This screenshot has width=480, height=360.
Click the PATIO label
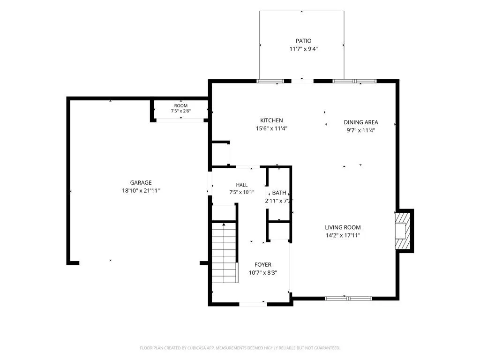pos(303,41)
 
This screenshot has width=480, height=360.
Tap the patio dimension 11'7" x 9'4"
pos(303,49)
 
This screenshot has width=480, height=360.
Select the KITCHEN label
pos(271,120)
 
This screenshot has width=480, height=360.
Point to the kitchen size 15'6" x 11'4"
pos(271,128)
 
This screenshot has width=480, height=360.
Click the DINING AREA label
pos(361,122)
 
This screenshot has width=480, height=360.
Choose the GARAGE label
pos(141,182)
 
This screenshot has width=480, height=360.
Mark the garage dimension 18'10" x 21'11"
pos(141,191)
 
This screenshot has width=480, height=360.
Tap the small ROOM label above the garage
pos(180,105)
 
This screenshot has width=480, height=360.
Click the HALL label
pos(242,185)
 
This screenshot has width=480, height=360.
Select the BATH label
pos(279,193)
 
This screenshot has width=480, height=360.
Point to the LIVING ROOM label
pos(343,227)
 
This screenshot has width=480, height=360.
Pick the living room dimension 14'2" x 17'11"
pos(343,235)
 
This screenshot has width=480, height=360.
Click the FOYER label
pos(263,265)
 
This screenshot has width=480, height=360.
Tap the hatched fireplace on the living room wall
pos(403,231)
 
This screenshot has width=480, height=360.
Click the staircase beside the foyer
pos(225,253)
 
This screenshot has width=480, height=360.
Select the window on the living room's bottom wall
pos(348,299)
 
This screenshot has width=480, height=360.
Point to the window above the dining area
pos(354,81)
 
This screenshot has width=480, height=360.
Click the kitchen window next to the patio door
pos(270,81)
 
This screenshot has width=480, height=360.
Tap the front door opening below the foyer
pos(253,304)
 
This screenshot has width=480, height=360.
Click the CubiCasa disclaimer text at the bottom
pos(240,348)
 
